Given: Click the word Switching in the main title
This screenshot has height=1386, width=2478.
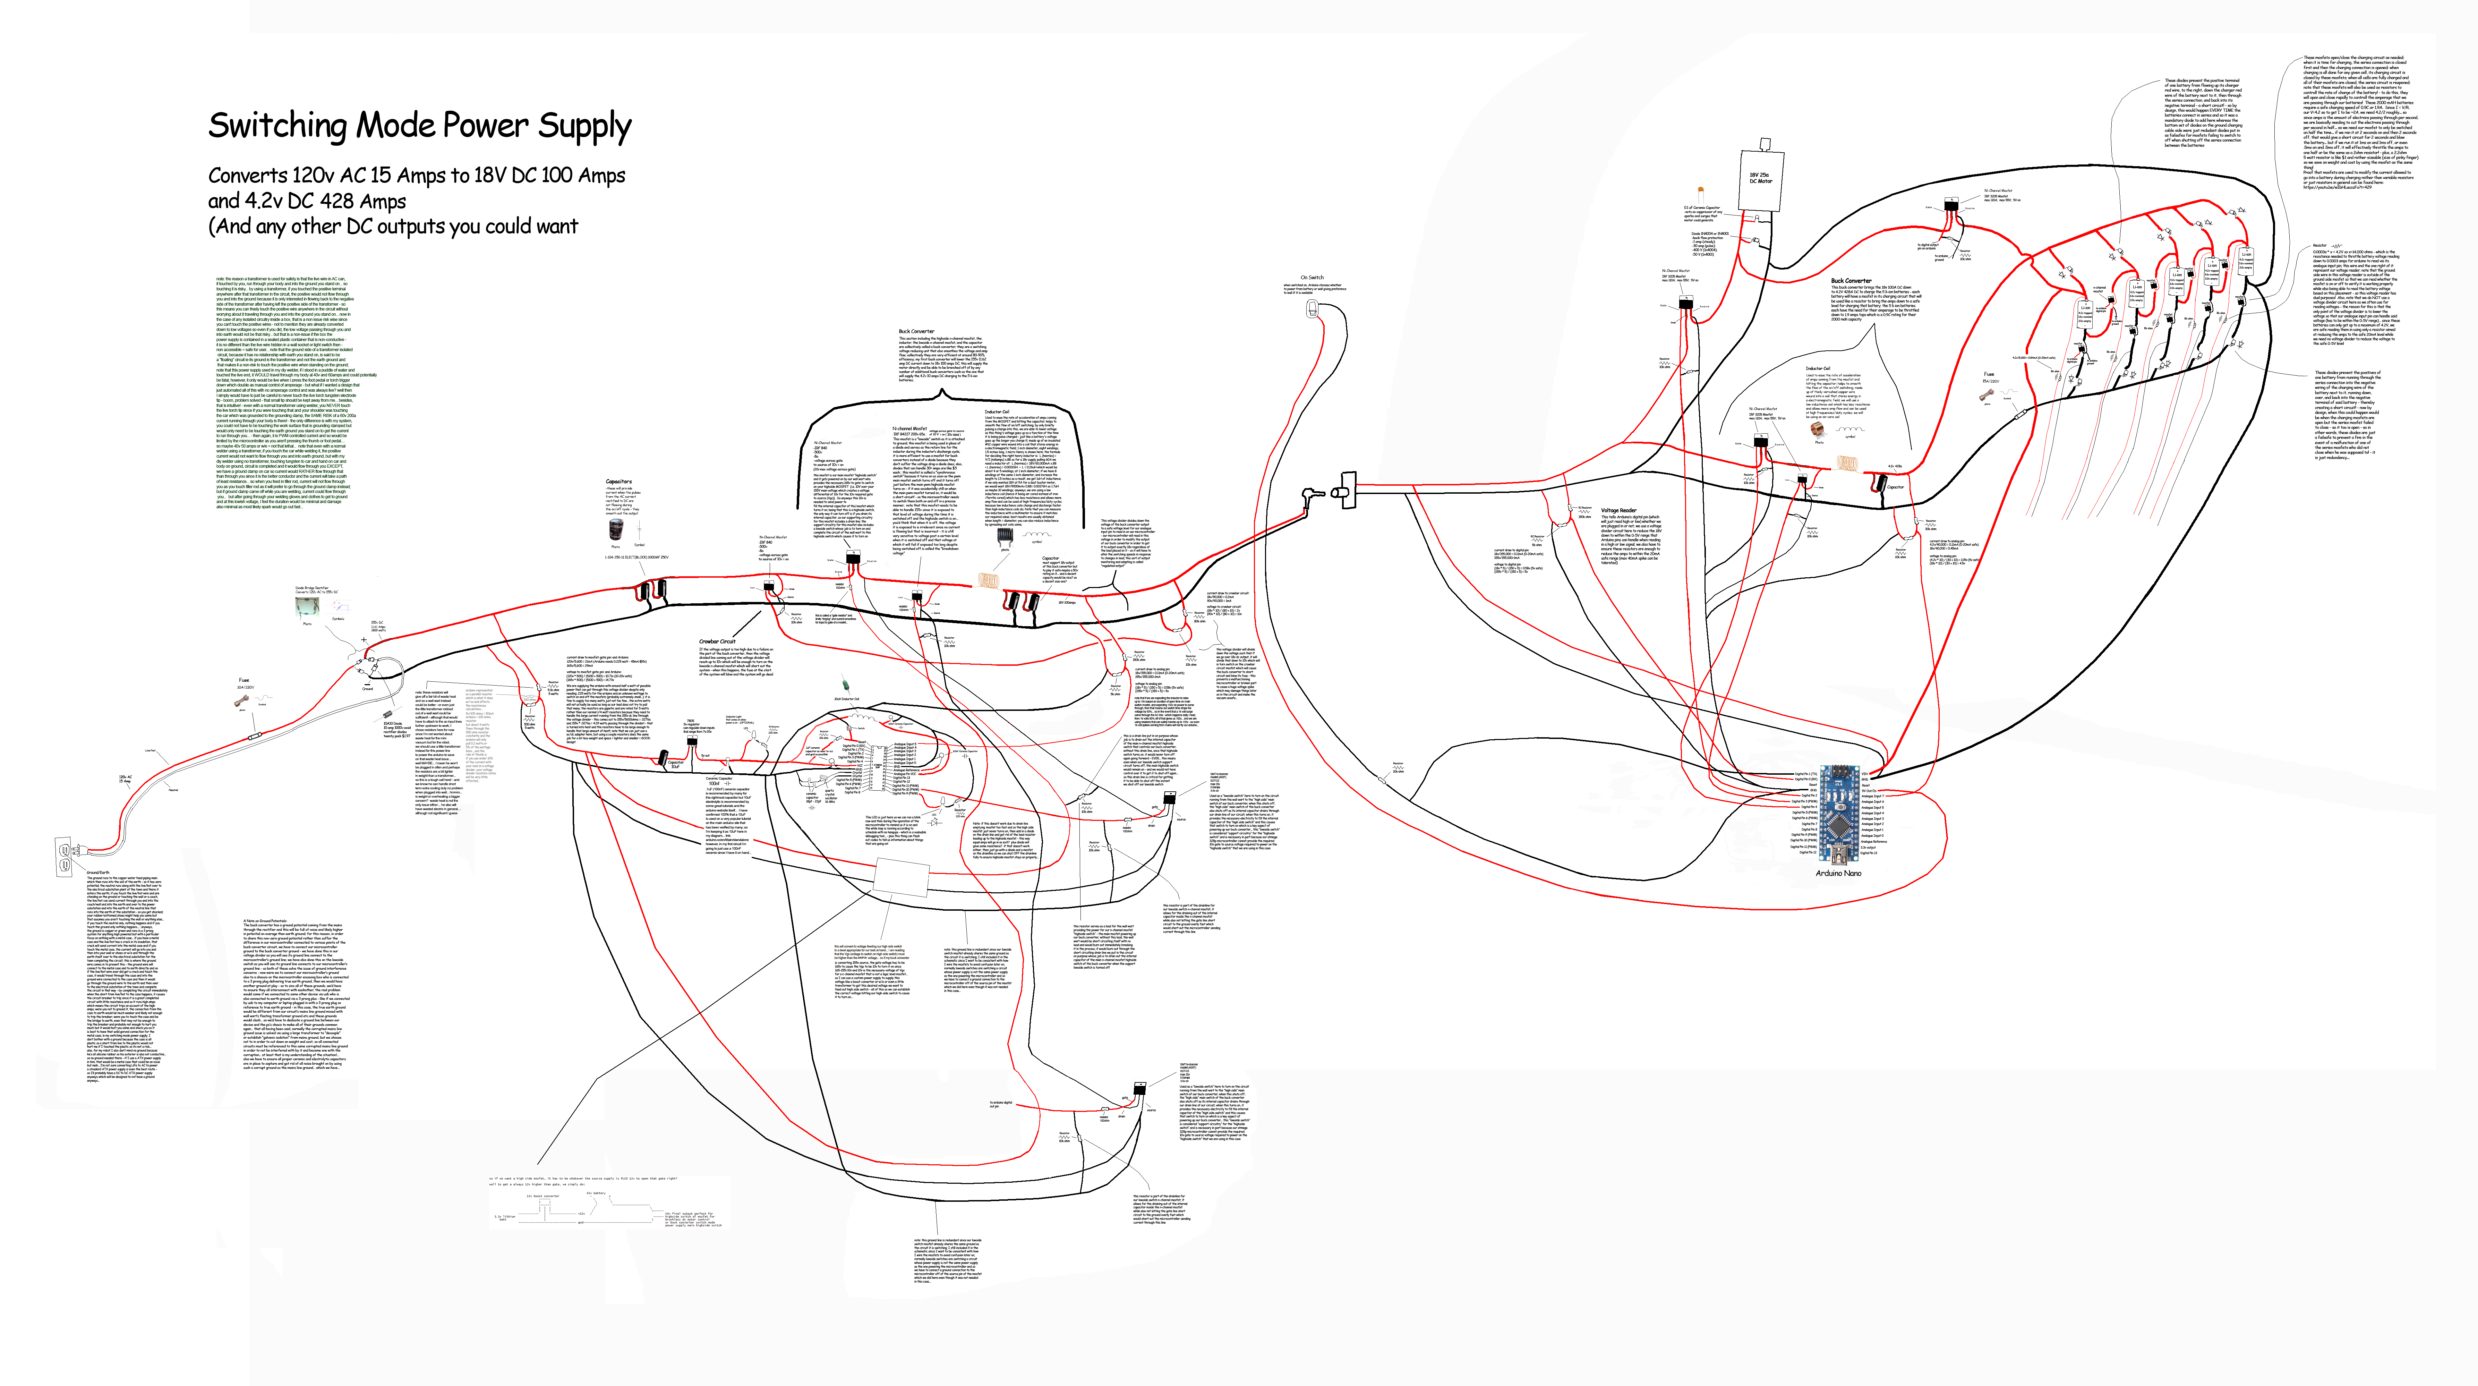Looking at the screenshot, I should pos(277,126).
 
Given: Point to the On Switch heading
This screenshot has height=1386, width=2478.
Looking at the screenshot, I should pos(1312,277).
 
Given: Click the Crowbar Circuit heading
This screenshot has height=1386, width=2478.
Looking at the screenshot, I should pos(717,641).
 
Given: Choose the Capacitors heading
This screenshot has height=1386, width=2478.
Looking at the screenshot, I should pos(618,481).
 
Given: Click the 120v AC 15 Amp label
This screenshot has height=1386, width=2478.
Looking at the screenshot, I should pos(125,779).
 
